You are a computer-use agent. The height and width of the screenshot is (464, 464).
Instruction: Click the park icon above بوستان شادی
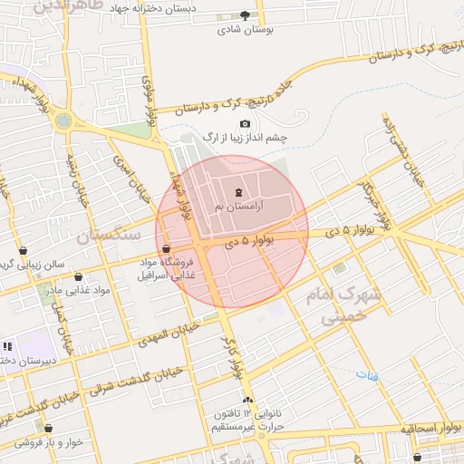(x=245, y=14)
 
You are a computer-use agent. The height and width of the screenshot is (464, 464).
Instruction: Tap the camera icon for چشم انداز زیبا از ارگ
(x=245, y=124)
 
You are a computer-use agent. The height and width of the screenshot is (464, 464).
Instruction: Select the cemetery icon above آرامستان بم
(x=238, y=191)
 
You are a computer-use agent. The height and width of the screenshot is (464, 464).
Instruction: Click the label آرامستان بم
(x=237, y=208)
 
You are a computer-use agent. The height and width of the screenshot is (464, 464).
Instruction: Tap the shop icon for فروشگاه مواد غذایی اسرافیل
(x=166, y=249)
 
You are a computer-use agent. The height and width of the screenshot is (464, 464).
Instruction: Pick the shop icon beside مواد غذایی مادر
(x=78, y=277)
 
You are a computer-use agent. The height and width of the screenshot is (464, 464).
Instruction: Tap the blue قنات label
(x=366, y=373)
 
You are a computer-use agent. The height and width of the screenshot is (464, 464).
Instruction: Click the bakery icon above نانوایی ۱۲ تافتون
(x=247, y=400)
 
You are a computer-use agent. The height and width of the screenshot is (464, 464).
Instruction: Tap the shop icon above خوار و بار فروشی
(x=48, y=429)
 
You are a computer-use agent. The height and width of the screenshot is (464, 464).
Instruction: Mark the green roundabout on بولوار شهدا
(x=63, y=120)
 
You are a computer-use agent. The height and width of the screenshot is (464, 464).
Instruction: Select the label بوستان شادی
(x=240, y=29)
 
